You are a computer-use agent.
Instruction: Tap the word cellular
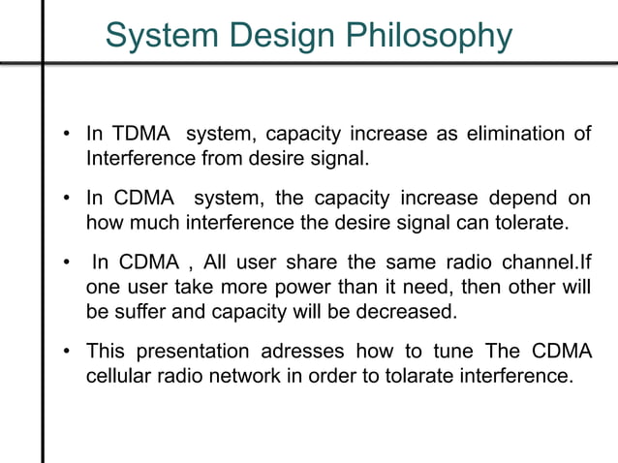tap(120, 374)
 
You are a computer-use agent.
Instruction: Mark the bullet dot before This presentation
tap(66, 352)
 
